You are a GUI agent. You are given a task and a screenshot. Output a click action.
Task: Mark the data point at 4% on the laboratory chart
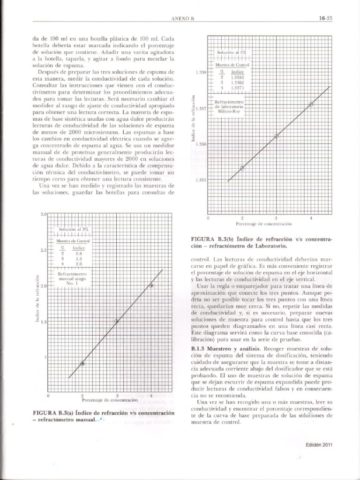311,104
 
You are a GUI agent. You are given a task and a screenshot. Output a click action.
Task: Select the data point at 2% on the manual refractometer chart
82,363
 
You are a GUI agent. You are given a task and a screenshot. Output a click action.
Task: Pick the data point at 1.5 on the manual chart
117,321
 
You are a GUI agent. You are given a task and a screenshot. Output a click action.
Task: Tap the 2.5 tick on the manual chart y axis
43,250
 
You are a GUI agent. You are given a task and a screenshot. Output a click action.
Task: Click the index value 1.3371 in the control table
238,87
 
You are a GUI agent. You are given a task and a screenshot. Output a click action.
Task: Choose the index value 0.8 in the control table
79,253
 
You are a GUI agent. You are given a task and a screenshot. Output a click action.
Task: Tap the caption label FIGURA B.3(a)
52,412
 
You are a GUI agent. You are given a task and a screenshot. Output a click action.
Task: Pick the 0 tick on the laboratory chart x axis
208,218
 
